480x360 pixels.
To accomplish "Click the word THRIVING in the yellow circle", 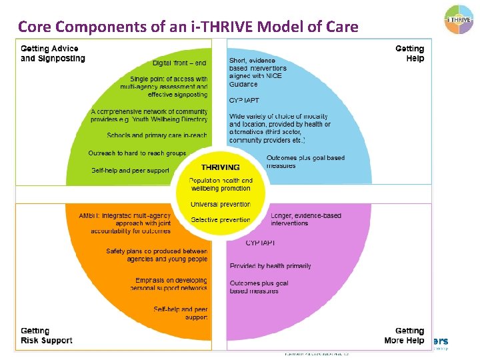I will click(x=220, y=167).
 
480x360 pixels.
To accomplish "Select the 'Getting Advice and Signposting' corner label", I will click(x=53, y=53).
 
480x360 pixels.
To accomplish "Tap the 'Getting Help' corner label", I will click(x=409, y=53).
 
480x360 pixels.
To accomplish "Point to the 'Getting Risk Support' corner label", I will click(x=47, y=335).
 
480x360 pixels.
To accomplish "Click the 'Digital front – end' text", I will click(x=179, y=63).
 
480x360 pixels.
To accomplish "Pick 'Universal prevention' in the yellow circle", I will click(x=220, y=204).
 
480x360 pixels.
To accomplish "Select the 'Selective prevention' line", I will click(x=220, y=220).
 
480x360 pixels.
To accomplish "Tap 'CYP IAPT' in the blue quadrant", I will click(x=243, y=99).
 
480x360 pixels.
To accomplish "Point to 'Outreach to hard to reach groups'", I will click(x=137, y=153).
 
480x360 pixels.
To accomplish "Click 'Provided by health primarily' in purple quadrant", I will click(x=270, y=266).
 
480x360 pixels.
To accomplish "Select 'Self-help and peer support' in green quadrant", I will click(x=130, y=171).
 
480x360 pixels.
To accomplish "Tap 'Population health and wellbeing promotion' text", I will click(x=220, y=185).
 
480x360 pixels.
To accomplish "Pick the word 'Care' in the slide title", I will click(x=342, y=27).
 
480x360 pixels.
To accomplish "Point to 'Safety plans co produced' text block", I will click(x=157, y=255).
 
